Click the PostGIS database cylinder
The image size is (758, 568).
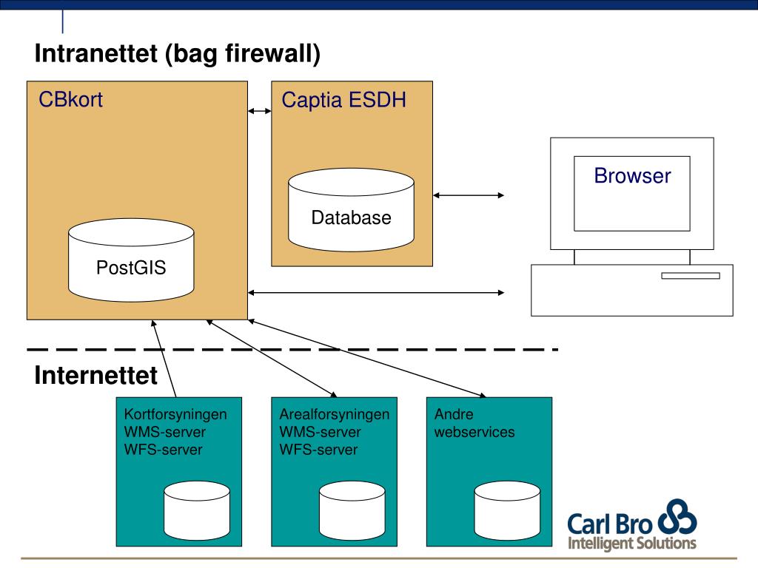[131, 260]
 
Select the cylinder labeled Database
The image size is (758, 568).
[351, 209]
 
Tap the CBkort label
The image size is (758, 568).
[70, 100]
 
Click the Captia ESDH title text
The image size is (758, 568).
[343, 100]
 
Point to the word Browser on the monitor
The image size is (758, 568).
[632, 175]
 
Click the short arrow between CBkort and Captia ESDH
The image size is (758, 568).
[260, 111]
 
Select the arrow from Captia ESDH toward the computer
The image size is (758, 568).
[469, 195]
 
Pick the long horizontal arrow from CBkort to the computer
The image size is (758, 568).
[376, 292]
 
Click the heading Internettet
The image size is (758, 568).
[95, 375]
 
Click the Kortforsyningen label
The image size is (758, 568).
[175, 414]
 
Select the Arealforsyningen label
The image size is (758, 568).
[335, 414]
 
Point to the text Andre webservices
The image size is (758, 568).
[474, 422]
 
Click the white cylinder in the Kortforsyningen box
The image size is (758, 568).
[197, 510]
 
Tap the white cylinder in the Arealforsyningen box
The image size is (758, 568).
[352, 510]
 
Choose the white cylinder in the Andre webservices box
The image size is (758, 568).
[507, 510]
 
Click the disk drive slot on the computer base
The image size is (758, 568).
[691, 276]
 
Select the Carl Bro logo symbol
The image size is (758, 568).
[677, 516]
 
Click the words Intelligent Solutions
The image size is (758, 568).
[632, 543]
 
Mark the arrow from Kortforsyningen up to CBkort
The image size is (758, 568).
[164, 359]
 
